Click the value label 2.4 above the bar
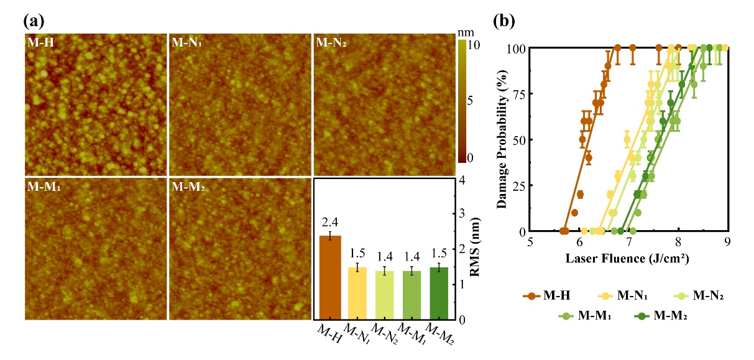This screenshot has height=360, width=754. [329, 221]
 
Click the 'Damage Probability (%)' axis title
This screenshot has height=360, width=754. [501, 139]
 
